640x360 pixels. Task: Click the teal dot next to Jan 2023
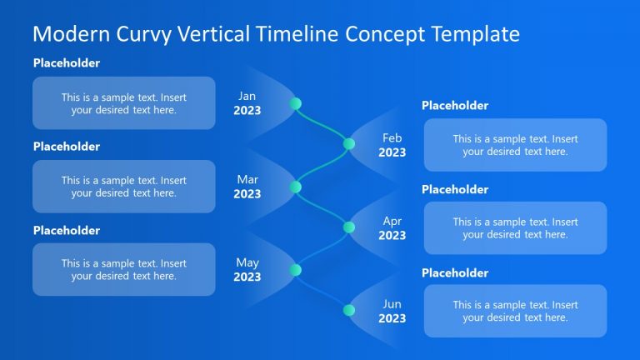[295, 103]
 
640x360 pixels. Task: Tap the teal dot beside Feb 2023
[349, 143]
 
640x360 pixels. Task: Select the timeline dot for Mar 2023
[295, 187]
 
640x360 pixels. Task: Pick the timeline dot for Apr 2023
[349, 227]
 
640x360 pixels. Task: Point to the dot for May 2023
[295, 269]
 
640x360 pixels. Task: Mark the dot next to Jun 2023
[349, 310]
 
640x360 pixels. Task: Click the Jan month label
[247, 96]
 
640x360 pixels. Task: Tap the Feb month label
[392, 137]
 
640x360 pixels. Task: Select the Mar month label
[247, 179]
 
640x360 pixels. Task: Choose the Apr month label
[392, 221]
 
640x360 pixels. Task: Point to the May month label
[247, 262]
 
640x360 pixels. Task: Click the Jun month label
[392, 304]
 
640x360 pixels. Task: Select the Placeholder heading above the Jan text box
[67, 63]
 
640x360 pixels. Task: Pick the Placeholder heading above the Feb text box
[455, 106]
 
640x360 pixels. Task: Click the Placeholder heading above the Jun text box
[455, 273]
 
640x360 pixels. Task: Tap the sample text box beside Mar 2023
[123, 187]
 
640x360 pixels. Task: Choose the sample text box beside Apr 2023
[515, 228]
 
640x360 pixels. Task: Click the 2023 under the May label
[247, 277]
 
